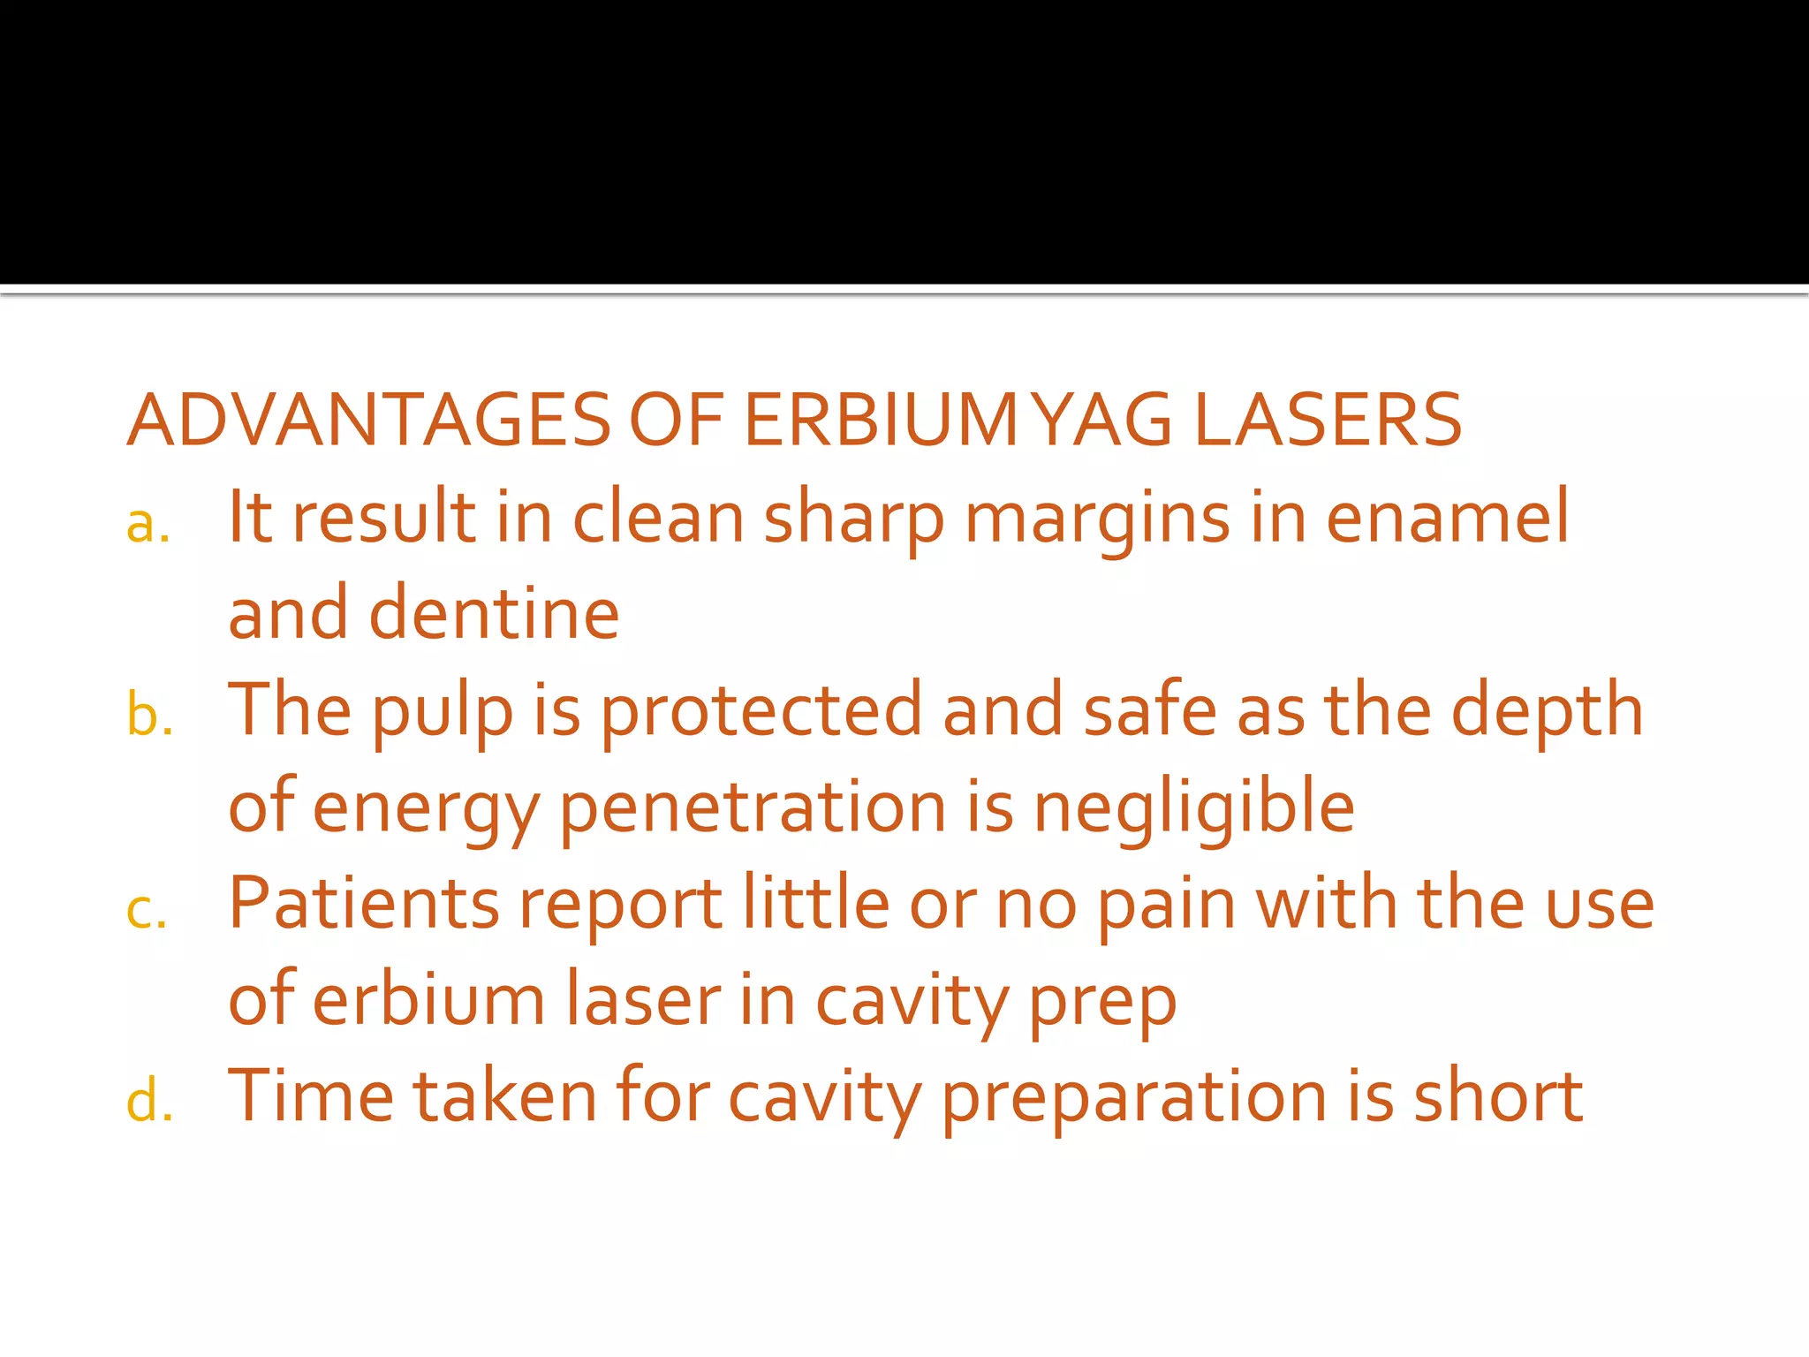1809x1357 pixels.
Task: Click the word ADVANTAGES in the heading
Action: click(x=369, y=420)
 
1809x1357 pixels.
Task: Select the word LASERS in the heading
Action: click(x=1328, y=420)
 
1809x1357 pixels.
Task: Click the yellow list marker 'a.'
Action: click(x=148, y=525)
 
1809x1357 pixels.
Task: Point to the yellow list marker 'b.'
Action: click(x=149, y=716)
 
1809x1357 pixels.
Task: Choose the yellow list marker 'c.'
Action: click(x=147, y=910)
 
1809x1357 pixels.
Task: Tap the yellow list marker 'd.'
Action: click(x=149, y=1103)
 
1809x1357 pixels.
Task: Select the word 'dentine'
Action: click(x=494, y=614)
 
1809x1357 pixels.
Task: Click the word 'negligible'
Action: click(x=1194, y=809)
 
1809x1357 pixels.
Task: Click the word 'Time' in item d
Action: click(x=311, y=1096)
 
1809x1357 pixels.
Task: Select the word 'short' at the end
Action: click(x=1498, y=1096)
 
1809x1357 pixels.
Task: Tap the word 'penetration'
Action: click(x=753, y=809)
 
